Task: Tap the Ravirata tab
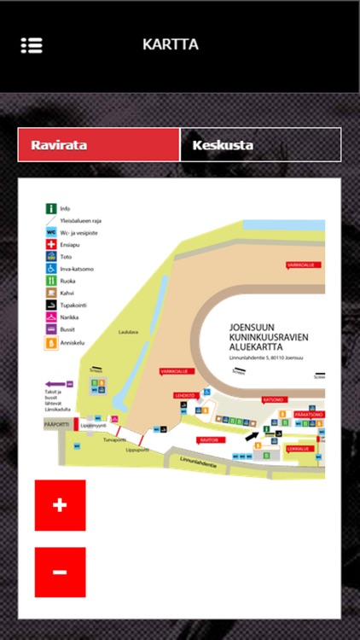coord(98,145)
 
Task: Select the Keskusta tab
coord(260,145)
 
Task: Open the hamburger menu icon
coord(32,45)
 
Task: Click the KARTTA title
coord(171,44)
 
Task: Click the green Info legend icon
coord(51,208)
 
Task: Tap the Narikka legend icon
coord(51,317)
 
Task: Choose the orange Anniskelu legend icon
coord(51,341)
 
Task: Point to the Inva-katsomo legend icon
coord(51,268)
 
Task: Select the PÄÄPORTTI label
coord(55,422)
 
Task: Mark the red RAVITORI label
coord(209,440)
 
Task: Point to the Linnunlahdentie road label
coord(198,463)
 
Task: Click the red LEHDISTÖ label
coord(185,395)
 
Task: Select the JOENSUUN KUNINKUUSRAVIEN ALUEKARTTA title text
coord(268,336)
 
